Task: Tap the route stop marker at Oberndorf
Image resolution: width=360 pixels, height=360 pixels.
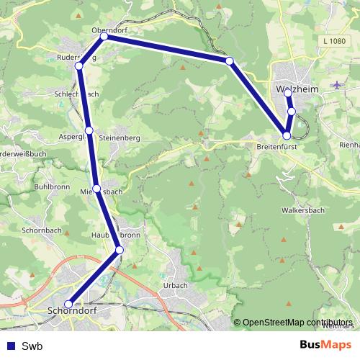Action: [104, 36]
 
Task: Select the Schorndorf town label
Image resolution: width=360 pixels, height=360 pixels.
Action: [71, 312]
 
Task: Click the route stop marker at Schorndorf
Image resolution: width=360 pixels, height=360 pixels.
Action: [68, 305]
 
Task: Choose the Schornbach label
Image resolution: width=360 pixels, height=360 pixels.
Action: [42, 230]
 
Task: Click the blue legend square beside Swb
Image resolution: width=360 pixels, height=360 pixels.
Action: [9, 346]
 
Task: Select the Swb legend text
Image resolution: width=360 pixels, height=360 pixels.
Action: [32, 346]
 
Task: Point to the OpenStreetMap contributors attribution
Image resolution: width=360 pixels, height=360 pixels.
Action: [297, 322]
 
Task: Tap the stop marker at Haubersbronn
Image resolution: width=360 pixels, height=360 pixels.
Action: [120, 250]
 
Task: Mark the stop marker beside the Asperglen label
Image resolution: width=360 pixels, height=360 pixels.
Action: [89, 130]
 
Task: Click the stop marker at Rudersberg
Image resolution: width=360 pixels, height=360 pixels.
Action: [79, 66]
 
